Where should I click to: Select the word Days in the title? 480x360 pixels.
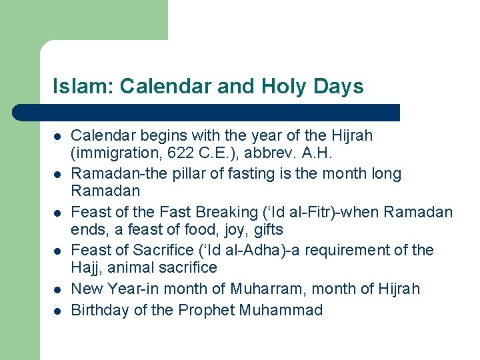point(340,87)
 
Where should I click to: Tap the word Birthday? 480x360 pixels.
point(97,310)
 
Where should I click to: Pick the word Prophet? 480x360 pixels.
point(197,310)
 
